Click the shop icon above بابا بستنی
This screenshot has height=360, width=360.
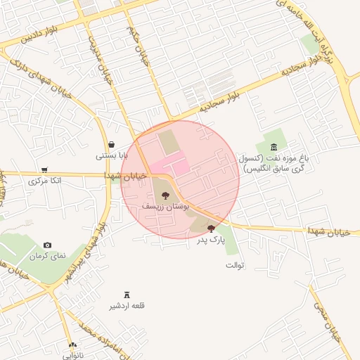tap(112, 144)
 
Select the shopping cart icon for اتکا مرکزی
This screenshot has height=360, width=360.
tap(45, 170)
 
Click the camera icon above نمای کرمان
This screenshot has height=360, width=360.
tap(47, 245)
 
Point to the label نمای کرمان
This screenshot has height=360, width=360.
tap(47, 256)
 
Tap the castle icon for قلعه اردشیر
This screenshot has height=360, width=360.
tap(127, 295)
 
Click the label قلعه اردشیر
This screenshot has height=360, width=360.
tap(127, 306)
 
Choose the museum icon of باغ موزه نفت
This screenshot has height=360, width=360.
tap(273, 145)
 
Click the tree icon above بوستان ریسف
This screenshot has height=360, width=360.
tap(165, 196)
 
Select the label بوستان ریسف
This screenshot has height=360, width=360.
tap(163, 207)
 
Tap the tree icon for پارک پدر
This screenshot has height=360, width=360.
tap(211, 229)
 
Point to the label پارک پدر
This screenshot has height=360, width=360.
tap(211, 240)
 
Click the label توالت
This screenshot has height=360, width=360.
tap(234, 265)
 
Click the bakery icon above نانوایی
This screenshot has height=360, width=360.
tap(72, 345)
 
